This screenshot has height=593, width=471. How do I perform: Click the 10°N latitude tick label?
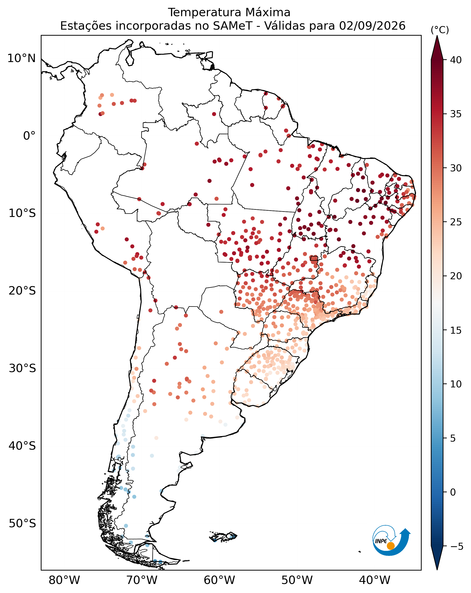point(22,58)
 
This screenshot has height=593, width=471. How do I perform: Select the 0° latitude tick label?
point(29,136)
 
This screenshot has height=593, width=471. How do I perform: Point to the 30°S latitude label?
point(22,369)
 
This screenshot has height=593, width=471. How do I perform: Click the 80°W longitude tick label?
point(64,580)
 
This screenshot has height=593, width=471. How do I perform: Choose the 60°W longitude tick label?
point(220,580)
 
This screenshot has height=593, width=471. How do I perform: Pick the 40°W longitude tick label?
point(375,580)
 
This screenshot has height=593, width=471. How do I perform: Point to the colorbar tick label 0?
point(453,492)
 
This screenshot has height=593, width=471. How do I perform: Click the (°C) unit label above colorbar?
point(440,30)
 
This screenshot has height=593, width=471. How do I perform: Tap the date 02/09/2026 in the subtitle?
point(372,26)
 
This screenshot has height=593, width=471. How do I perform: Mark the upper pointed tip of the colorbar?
point(437,36)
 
